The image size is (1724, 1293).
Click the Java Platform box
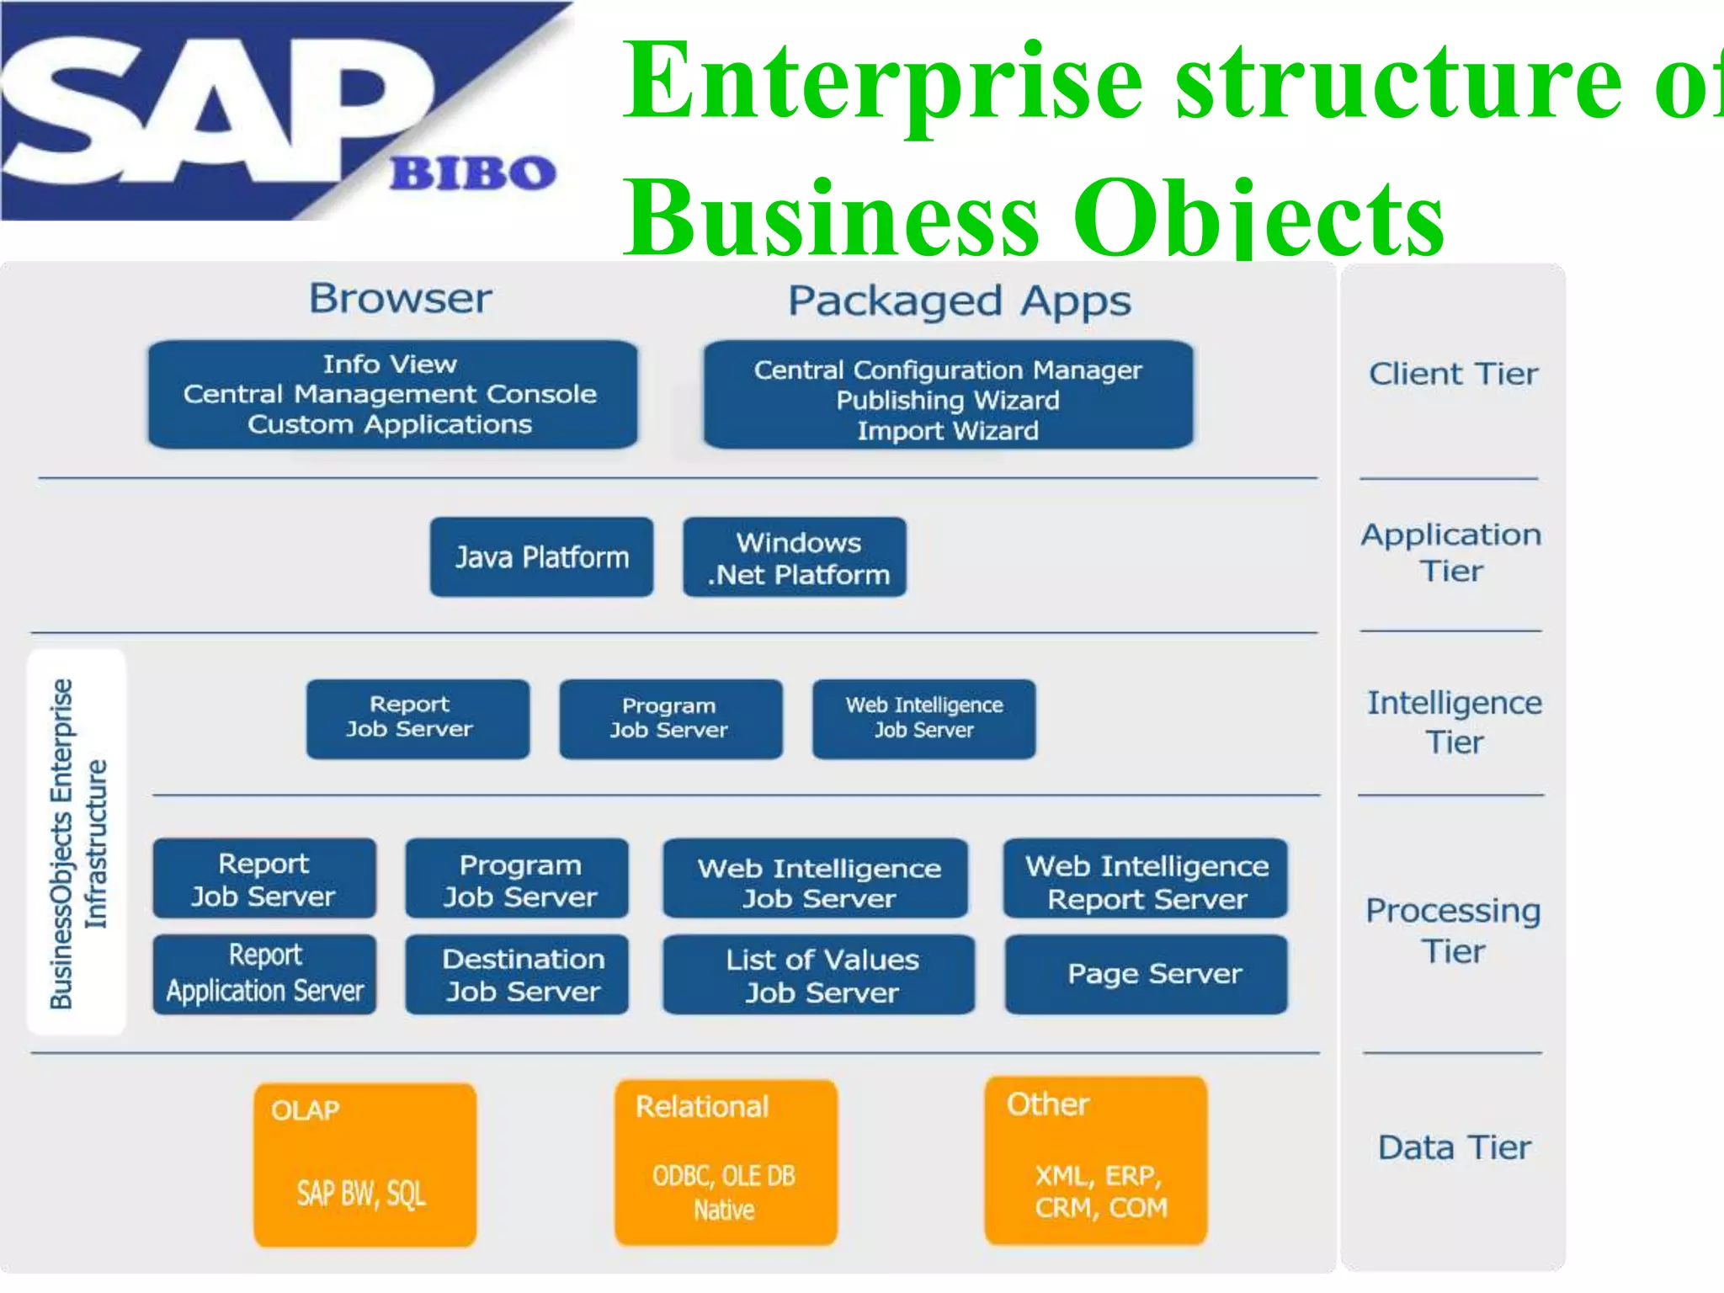pyautogui.click(x=541, y=557)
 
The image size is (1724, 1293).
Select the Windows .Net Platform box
pyautogui.click(x=795, y=557)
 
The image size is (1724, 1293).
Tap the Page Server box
pyautogui.click(x=1146, y=974)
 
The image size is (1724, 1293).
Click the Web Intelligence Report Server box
pyautogui.click(x=1146, y=879)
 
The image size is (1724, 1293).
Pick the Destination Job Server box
pyautogui.click(x=517, y=974)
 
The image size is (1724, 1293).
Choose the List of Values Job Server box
pyautogui.click(x=818, y=975)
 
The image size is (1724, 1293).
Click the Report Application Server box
pyautogui.click(x=264, y=974)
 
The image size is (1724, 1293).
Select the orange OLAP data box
pyautogui.click(x=364, y=1164)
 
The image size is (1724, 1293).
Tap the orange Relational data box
pyautogui.click(x=726, y=1163)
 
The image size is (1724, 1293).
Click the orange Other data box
pyautogui.click(x=1096, y=1160)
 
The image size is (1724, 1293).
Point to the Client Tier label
pyautogui.click(x=1453, y=374)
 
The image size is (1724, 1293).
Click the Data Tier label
pyautogui.click(x=1454, y=1147)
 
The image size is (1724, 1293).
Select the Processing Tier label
pyautogui.click(x=1453, y=930)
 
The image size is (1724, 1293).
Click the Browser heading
pyautogui.click(x=400, y=299)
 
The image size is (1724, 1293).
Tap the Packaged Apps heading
pyautogui.click(x=959, y=301)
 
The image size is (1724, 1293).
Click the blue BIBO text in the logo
pyautogui.click(x=473, y=173)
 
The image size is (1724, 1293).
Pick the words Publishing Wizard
pyautogui.click(x=948, y=400)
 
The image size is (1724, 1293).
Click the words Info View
pyautogui.click(x=390, y=364)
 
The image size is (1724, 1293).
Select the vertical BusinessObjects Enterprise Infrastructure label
pyautogui.click(x=77, y=842)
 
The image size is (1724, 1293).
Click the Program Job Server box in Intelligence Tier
pyautogui.click(x=670, y=719)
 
